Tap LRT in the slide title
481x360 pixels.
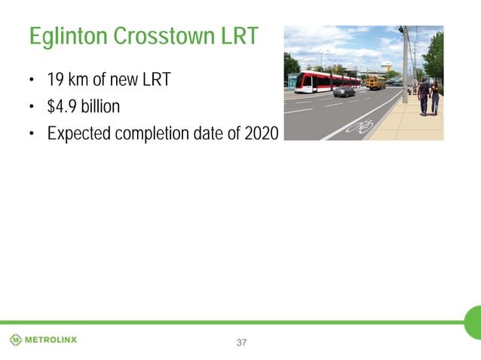pos(240,36)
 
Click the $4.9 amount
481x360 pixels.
pos(64,107)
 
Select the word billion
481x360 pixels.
pos(102,107)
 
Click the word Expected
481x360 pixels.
pos(79,133)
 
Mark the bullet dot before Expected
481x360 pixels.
pos(32,134)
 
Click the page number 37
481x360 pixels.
pos(241,343)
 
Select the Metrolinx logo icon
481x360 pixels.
pos(16,340)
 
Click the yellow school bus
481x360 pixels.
pos(375,83)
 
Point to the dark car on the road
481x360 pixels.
pos(344,92)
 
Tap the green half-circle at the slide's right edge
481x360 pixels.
pos(473,322)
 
